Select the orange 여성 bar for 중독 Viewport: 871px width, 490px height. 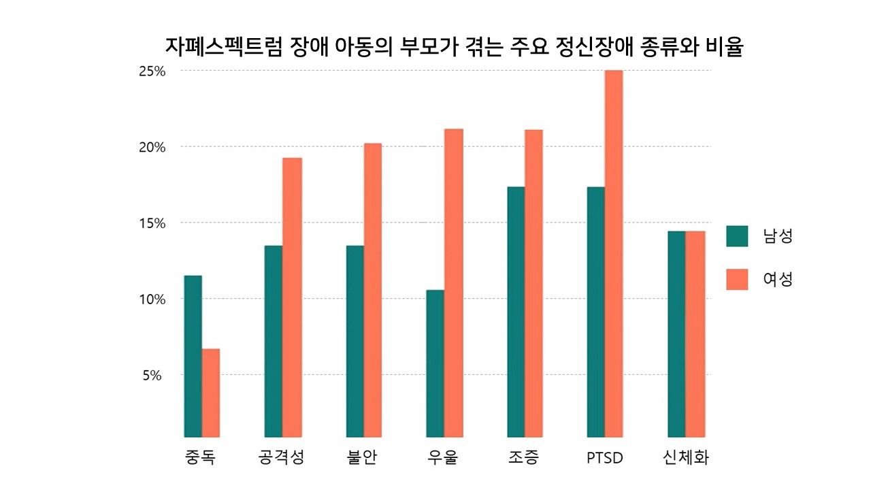[x=211, y=393]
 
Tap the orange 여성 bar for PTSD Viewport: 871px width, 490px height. [x=614, y=253]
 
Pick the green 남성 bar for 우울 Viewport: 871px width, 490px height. [x=435, y=363]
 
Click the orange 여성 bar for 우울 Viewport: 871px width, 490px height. [x=453, y=282]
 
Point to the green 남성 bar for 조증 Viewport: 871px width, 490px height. [x=516, y=312]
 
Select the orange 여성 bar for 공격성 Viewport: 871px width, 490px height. [x=292, y=297]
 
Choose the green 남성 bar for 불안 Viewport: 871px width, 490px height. [x=355, y=341]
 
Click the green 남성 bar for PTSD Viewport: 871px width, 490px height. [x=595, y=312]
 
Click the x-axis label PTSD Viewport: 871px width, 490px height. [x=604, y=458]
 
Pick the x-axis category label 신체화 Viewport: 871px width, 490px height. [x=685, y=457]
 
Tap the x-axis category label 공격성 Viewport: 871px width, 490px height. [x=282, y=457]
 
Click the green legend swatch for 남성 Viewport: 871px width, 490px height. [x=737, y=236]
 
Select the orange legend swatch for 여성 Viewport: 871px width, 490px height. [x=737, y=279]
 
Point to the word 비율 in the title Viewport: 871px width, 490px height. [x=723, y=48]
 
